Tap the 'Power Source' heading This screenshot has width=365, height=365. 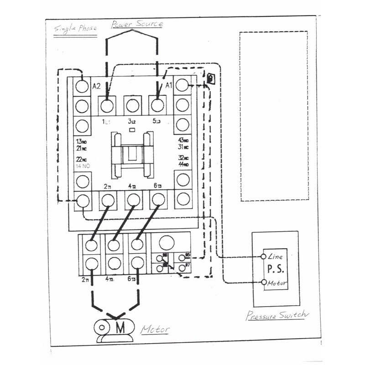coord(137,23)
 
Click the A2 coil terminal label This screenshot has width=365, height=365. coord(96,86)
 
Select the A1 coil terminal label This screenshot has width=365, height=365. coord(168,85)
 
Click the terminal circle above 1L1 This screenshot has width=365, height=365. coord(107,106)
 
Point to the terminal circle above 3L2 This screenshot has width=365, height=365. coord(133,106)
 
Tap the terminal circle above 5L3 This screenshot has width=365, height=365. coord(158,106)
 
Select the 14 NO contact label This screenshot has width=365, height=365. coord(82,166)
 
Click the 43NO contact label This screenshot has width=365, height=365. coord(183,140)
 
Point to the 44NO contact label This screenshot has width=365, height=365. coord(184,164)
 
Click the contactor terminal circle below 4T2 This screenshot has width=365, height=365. coord(133,199)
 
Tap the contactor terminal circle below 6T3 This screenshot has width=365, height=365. coord(158,199)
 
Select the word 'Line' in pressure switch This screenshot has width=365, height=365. coord(276,257)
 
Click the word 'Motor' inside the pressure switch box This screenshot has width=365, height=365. coord(277,283)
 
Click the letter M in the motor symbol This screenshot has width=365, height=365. coord(120,328)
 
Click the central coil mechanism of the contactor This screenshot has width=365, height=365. coord(132,154)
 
